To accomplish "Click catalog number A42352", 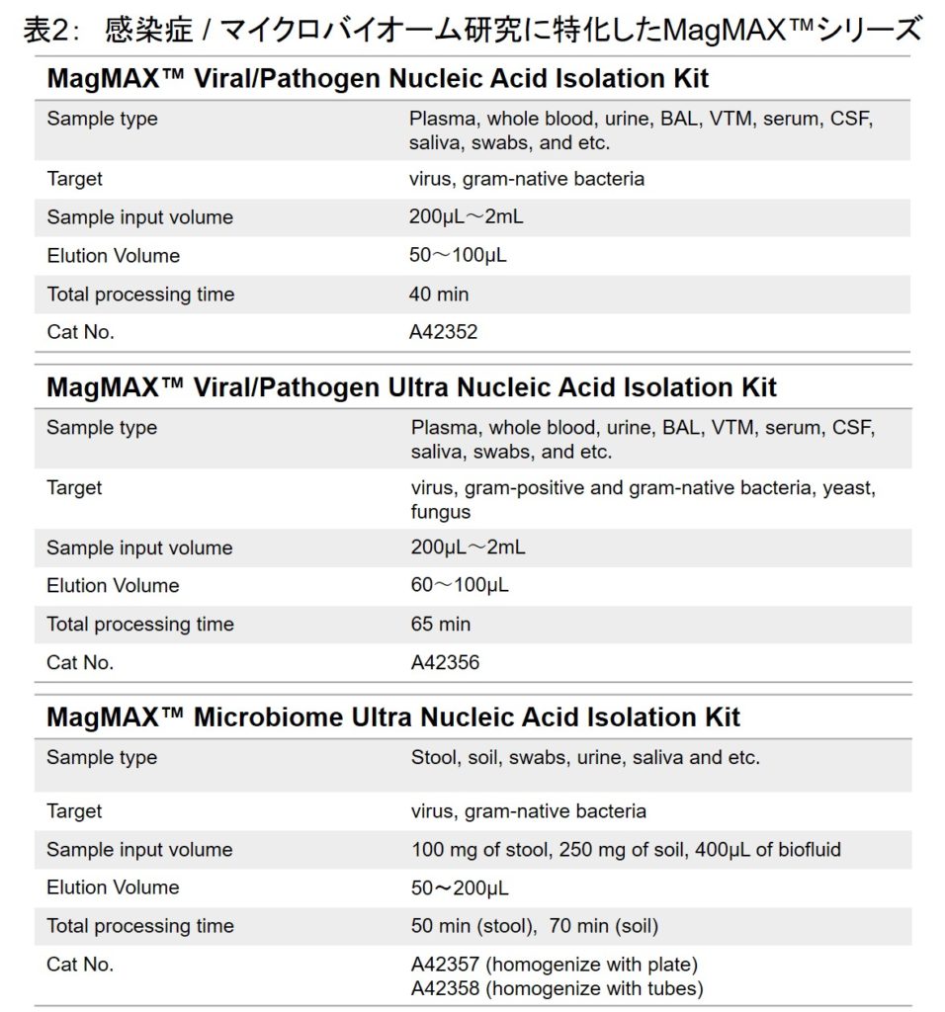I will coord(443,332).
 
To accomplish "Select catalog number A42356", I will coord(445,662).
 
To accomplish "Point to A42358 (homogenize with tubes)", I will coord(557,988).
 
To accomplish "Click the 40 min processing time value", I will coord(439,295).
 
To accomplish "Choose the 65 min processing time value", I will coord(441,625).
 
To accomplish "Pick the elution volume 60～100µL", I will coord(460,585).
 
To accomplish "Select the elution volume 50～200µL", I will coord(460,887).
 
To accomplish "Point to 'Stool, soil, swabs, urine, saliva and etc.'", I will coord(585,758).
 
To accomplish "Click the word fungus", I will coord(441,512).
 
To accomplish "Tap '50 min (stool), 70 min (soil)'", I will coord(535,926).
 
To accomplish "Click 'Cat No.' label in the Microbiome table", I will coord(80,965).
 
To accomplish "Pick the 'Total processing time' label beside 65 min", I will coord(140,625).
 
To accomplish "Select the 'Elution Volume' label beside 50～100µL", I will coord(114,256).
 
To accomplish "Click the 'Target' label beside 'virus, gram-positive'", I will coord(74,487).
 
